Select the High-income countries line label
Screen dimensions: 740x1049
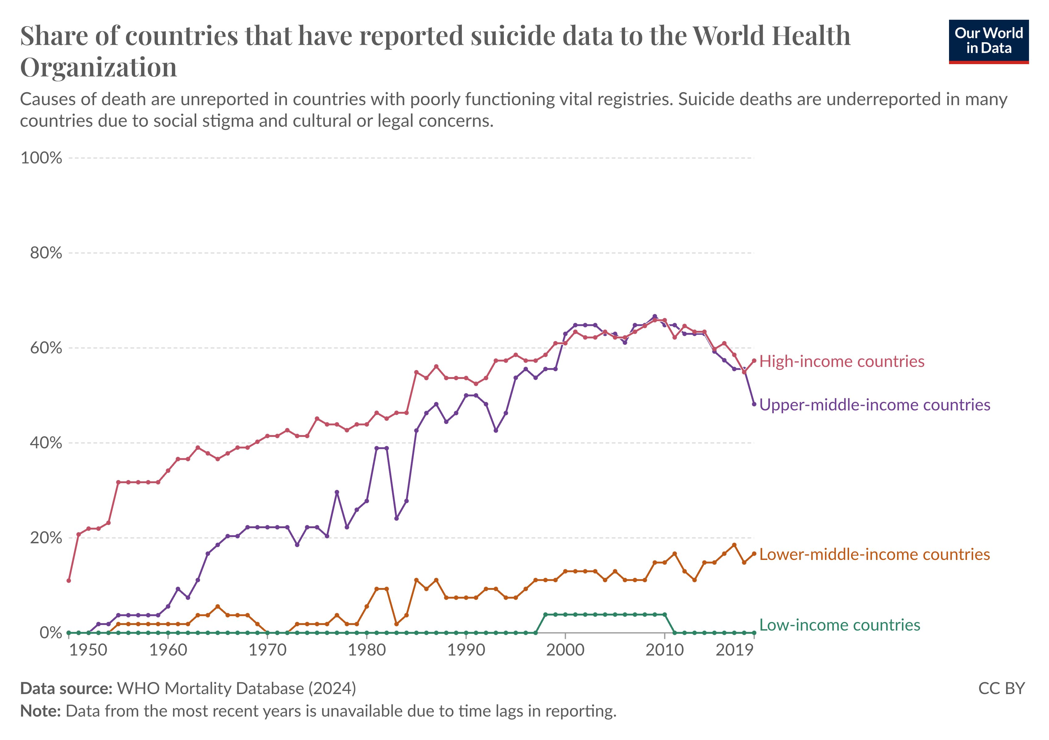click(842, 362)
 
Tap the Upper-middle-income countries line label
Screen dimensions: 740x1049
click(874, 405)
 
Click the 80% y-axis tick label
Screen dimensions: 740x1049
click(46, 253)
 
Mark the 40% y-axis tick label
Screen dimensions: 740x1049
click(46, 443)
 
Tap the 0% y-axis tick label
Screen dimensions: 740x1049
click(50, 633)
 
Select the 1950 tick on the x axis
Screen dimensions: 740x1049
click(88, 650)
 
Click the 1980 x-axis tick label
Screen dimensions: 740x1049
click(367, 650)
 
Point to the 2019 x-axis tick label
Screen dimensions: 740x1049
click(734, 650)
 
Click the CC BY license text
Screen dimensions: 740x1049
click(1001, 689)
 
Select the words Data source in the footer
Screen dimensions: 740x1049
click(66, 689)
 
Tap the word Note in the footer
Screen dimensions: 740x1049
click(40, 711)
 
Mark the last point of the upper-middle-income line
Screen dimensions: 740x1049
click(754, 404)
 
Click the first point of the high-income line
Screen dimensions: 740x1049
click(68, 581)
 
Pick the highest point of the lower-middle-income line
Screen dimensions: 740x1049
click(734, 545)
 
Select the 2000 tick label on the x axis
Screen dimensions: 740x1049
click(565, 650)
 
